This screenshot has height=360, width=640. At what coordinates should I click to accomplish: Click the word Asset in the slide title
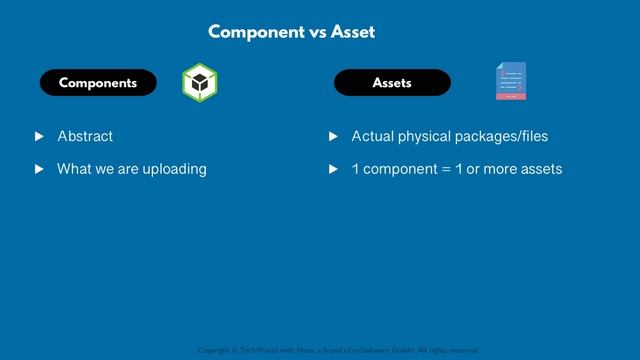(x=353, y=32)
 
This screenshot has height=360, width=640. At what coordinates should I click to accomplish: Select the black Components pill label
(x=98, y=83)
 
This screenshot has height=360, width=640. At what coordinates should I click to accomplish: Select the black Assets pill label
(x=392, y=83)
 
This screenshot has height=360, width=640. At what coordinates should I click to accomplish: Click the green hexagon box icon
(x=200, y=83)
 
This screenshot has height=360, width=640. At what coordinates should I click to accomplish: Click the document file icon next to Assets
(x=511, y=82)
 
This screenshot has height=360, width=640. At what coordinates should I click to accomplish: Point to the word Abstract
(x=85, y=136)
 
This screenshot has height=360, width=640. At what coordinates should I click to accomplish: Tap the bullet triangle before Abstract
(x=39, y=136)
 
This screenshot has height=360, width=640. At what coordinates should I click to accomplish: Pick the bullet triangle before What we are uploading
(x=39, y=169)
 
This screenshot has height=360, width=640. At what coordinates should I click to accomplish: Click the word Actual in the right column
(x=372, y=136)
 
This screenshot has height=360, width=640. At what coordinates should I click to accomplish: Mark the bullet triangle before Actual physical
(x=334, y=136)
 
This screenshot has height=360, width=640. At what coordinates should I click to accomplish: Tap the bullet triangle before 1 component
(x=334, y=169)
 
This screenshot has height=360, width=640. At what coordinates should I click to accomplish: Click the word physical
(x=424, y=136)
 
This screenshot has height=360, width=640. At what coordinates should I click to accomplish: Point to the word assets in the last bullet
(x=539, y=169)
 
